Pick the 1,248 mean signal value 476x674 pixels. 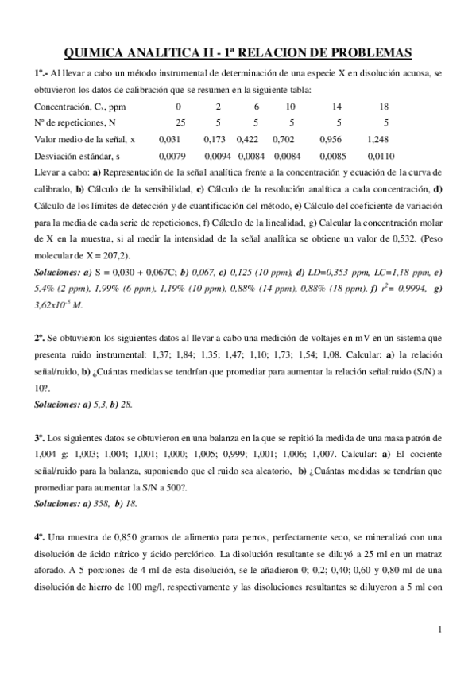coord(378,139)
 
